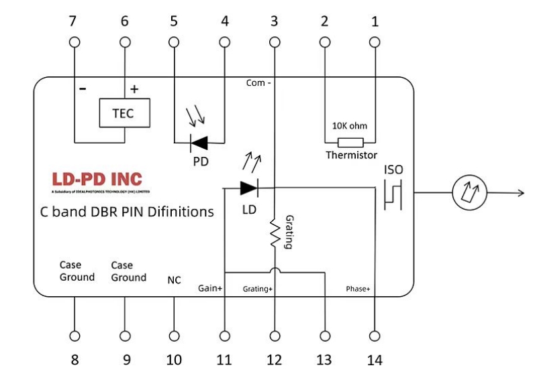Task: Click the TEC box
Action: click(124, 113)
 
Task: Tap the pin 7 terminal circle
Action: click(75, 42)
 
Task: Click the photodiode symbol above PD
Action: click(199, 142)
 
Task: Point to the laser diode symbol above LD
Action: click(250, 188)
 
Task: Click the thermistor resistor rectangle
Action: click(350, 142)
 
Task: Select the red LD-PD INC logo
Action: click(97, 180)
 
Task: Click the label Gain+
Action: click(210, 288)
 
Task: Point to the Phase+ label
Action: click(358, 288)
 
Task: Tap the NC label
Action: click(174, 280)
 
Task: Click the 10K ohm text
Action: click(350, 125)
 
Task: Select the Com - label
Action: click(258, 83)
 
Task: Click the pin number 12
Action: click(274, 360)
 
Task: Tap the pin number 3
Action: click(274, 21)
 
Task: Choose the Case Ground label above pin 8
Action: click(77, 271)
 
